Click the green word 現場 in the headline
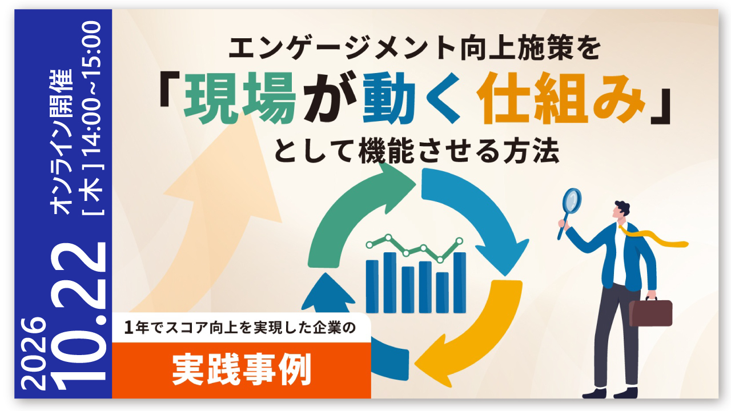pyautogui.click(x=240, y=98)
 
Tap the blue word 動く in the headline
pyautogui.click(x=412, y=98)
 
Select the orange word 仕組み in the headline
pyautogui.click(x=561, y=98)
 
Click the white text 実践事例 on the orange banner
pyautogui.click(x=242, y=370)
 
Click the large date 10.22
pyautogui.click(x=78, y=316)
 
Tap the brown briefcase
pyautogui.click(x=650, y=312)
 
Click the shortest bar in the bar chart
pyautogui.click(x=442, y=293)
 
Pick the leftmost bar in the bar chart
pyautogui.click(x=372, y=287)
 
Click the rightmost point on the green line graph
pyautogui.click(x=459, y=241)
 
